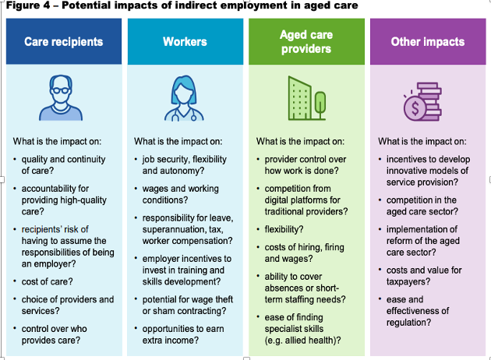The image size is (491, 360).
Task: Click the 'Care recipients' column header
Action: click(64, 41)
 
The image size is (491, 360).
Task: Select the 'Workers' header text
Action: click(185, 41)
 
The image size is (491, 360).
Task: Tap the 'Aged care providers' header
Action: click(306, 41)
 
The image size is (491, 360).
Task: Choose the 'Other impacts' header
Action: click(428, 41)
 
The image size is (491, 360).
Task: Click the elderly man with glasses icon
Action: click(61, 97)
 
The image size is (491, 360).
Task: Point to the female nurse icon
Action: click(184, 98)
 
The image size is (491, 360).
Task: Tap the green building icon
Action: click(300, 98)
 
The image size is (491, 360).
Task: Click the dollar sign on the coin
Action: click(415, 108)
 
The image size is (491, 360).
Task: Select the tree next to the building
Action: click(320, 104)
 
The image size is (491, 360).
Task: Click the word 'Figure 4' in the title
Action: click(28, 5)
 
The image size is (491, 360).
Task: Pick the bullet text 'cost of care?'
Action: click(47, 281)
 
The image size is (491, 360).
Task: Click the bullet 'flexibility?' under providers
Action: click(284, 229)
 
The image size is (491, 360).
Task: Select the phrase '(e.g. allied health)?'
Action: click(302, 341)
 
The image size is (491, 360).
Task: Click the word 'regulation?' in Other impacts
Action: click(408, 323)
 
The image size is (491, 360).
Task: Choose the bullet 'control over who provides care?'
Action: click(55, 334)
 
